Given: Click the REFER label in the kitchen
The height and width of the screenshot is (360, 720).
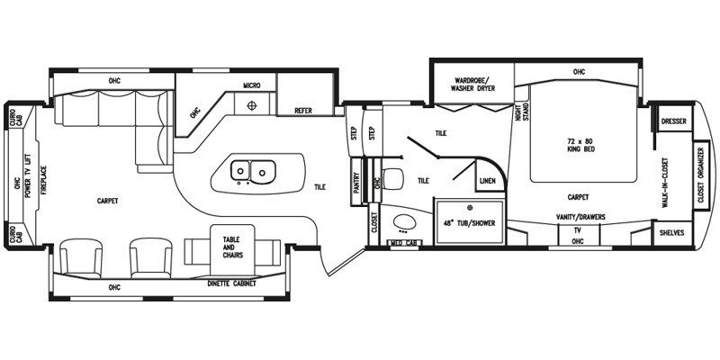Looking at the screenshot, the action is [x=303, y=111].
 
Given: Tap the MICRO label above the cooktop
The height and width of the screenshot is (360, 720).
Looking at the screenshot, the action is [x=252, y=85].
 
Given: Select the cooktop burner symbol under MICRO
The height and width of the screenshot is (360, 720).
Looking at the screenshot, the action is [x=251, y=105].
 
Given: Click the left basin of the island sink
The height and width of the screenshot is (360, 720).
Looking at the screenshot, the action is [x=239, y=170].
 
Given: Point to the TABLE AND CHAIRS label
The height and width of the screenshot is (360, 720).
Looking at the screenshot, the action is [x=233, y=247].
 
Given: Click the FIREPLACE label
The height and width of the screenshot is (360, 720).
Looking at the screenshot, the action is [x=44, y=180].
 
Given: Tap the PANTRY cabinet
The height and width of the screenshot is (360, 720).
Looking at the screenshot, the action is [x=357, y=182].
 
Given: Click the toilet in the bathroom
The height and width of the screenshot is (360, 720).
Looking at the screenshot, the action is [x=392, y=178].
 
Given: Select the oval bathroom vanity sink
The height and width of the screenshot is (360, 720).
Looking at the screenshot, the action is [x=404, y=222].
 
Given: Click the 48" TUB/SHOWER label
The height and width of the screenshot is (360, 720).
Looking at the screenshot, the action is [x=469, y=223].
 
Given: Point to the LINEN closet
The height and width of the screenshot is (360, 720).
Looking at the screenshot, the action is [x=487, y=181].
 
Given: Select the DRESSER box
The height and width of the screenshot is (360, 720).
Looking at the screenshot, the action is [x=673, y=121].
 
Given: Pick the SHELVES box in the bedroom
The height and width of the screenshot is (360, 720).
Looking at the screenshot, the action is [x=672, y=233].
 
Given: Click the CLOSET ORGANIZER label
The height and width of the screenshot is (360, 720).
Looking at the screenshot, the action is [x=701, y=175].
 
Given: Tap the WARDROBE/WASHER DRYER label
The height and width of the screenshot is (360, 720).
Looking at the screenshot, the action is [x=473, y=84].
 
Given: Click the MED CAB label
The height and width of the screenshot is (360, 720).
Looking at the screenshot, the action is [x=404, y=242].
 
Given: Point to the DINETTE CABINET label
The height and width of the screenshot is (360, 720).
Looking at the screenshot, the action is [x=231, y=283].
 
